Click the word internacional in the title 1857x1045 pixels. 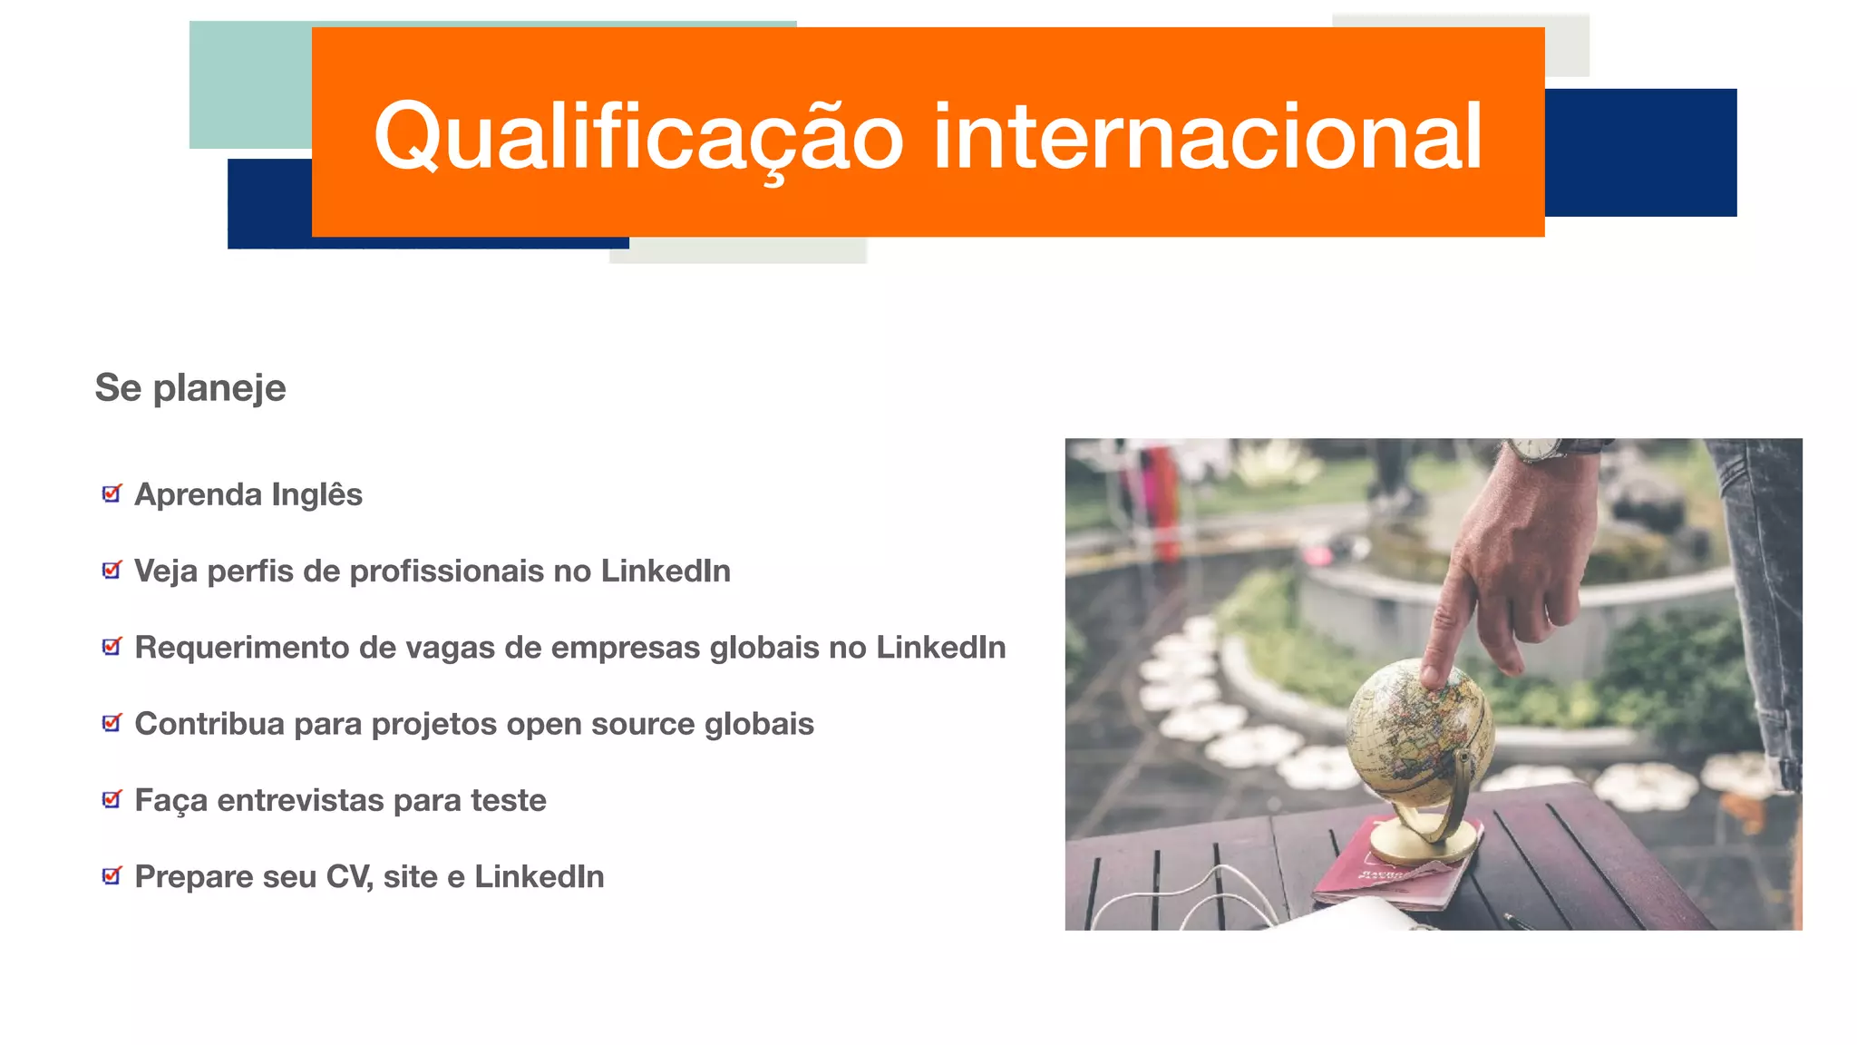pyautogui.click(x=1207, y=137)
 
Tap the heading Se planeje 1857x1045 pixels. pyautogui.click(x=190, y=388)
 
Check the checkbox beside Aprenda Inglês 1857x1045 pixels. pyautogui.click(x=112, y=493)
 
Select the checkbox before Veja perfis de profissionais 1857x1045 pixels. pyautogui.click(x=112, y=570)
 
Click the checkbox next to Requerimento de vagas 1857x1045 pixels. pyautogui.click(x=112, y=647)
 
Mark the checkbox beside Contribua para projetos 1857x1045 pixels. pyautogui.click(x=112, y=723)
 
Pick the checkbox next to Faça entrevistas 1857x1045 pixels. pyautogui.click(x=112, y=799)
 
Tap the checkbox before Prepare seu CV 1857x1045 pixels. pyautogui.click(x=112, y=875)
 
